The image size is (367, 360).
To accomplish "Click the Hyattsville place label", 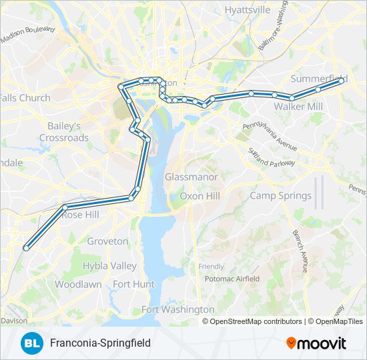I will pyautogui.click(x=248, y=10).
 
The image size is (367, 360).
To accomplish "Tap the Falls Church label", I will pyautogui.click(x=25, y=98).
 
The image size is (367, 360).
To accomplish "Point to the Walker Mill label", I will pyautogui.click(x=298, y=107).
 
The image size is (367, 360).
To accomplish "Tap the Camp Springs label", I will pyautogui.click(x=280, y=195).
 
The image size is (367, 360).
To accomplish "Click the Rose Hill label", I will pyautogui.click(x=80, y=215).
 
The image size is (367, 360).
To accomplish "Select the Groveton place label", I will pyautogui.click(x=107, y=241).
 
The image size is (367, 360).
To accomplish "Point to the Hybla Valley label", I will pyautogui.click(x=109, y=266).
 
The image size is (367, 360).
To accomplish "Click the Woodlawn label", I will pyautogui.click(x=78, y=284).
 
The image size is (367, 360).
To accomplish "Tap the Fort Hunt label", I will pyautogui.click(x=133, y=284).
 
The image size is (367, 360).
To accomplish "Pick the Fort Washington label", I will pyautogui.click(x=177, y=309).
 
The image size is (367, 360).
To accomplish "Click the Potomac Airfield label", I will pyautogui.click(x=232, y=279).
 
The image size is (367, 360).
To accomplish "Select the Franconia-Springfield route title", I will pyautogui.click(x=100, y=343).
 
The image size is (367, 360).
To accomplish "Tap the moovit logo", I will pyautogui.click(x=316, y=343).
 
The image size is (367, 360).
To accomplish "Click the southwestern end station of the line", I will pyautogui.click(x=26, y=248).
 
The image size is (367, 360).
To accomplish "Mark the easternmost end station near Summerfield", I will pyautogui.click(x=342, y=80).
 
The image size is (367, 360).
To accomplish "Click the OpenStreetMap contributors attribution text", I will pyautogui.click(x=256, y=321).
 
